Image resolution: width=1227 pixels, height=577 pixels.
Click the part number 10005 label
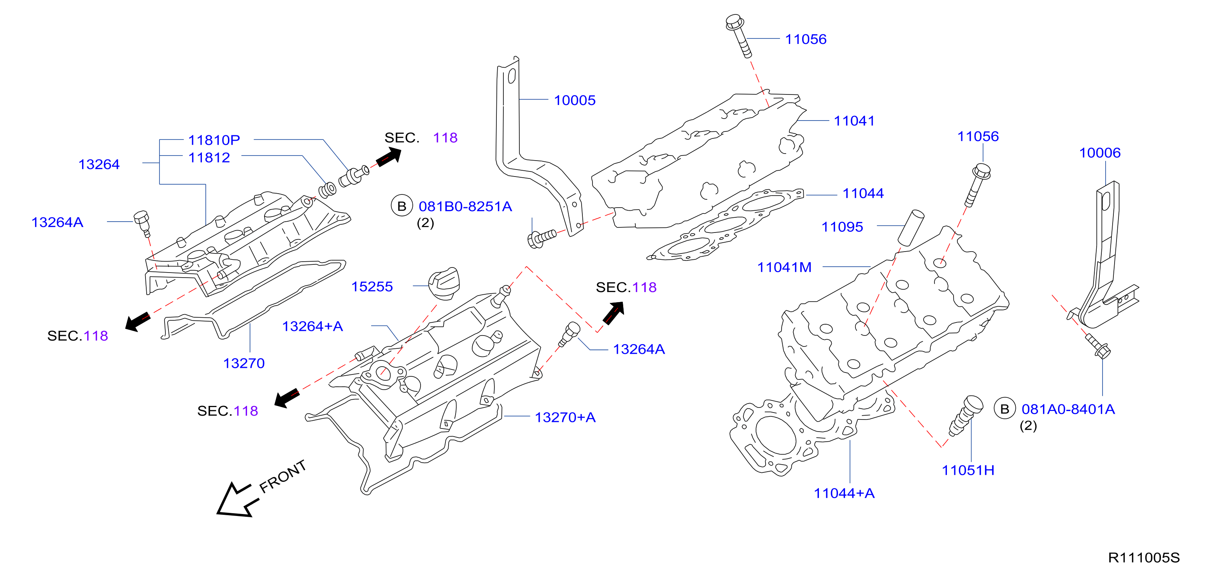coord(575,100)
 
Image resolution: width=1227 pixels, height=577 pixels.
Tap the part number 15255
coord(372,287)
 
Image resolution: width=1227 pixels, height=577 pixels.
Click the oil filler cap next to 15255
coord(444,284)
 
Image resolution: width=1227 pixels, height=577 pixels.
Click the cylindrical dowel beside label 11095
coord(911,227)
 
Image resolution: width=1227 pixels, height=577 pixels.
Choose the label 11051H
coord(968,470)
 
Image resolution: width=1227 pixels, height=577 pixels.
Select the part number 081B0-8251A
coord(465,206)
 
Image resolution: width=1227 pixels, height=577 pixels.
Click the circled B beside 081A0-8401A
coord(1004,409)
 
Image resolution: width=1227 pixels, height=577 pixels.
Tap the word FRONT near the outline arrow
coord(282,477)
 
